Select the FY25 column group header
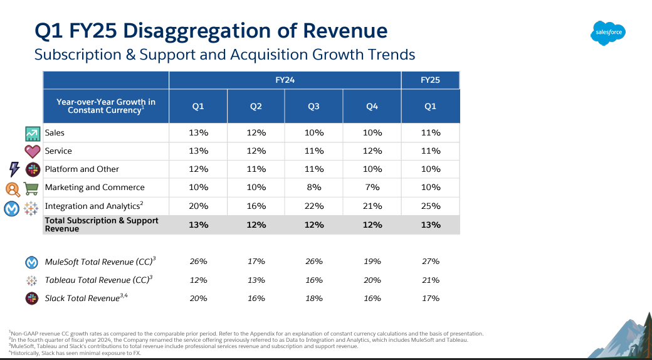click(430, 80)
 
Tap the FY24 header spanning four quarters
click(285, 80)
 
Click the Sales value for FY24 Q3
click(314, 133)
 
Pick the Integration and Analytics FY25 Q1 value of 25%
click(430, 206)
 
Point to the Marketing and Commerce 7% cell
click(372, 187)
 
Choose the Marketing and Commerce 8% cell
click(314, 187)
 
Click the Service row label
click(58, 151)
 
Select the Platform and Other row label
click(81, 169)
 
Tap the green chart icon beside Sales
click(33, 134)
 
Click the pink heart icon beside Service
click(33, 151)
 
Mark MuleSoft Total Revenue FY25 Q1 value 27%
click(430, 262)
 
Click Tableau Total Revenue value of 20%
click(372, 280)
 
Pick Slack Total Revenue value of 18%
click(314, 298)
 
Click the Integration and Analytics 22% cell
click(314, 206)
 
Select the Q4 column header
click(372, 107)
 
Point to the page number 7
click(633, 349)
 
